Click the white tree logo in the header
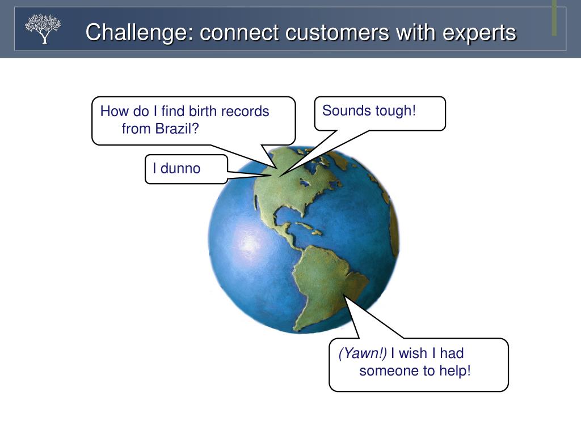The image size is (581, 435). (43, 29)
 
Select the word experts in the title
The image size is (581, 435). (479, 32)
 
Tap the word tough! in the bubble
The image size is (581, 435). (395, 110)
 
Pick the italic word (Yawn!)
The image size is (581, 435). (363, 353)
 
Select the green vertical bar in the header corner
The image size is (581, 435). (554, 17)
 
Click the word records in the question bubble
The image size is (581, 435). (245, 111)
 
